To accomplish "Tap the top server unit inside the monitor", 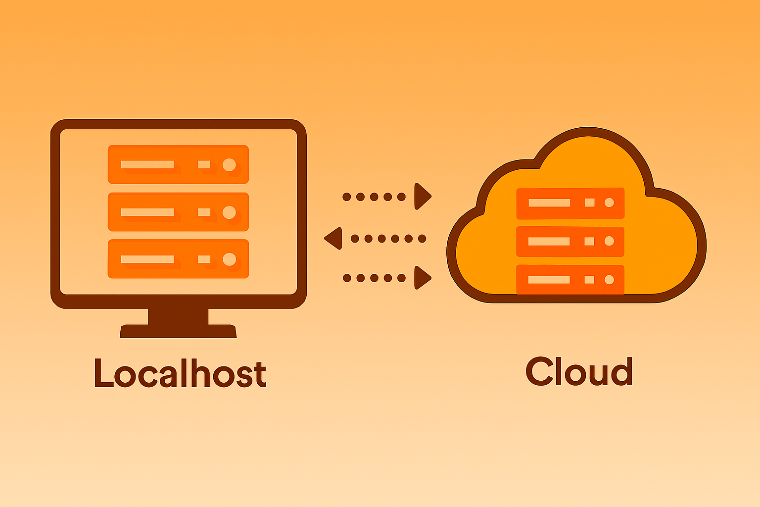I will click(x=178, y=164).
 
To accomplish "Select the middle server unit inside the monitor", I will click(x=178, y=212).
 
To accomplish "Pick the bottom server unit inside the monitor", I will click(x=178, y=259).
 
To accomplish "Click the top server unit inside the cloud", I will click(x=570, y=203).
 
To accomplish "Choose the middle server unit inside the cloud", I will click(x=570, y=242).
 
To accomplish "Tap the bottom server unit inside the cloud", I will click(x=570, y=280).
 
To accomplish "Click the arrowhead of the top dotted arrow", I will click(x=422, y=197).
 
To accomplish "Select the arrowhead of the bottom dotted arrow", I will click(x=422, y=278).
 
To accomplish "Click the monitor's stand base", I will click(x=178, y=331).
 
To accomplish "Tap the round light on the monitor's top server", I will click(x=229, y=165).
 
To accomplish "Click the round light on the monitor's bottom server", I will click(x=229, y=259).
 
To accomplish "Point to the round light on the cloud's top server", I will click(x=609, y=203).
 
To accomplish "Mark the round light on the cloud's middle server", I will click(x=609, y=241).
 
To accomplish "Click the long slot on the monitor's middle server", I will click(x=147, y=212).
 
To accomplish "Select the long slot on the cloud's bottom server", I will click(x=549, y=280).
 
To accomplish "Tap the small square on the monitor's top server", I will click(x=204, y=164).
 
